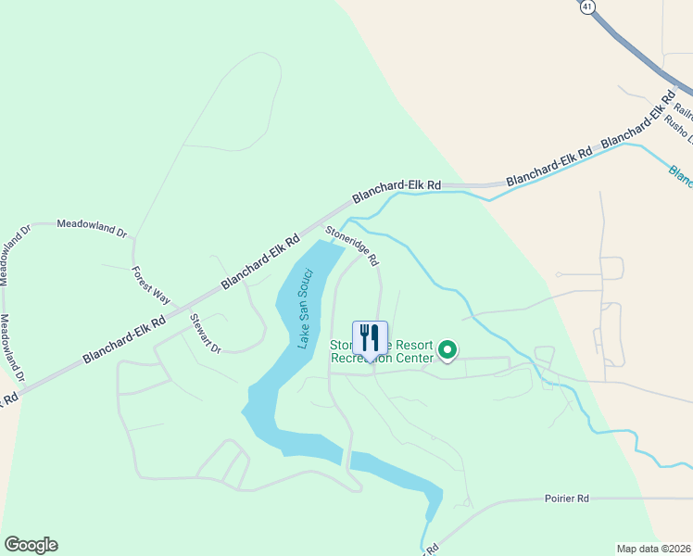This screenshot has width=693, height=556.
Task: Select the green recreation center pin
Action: click(x=447, y=350)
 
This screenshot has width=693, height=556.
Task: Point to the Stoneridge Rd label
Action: click(x=351, y=246)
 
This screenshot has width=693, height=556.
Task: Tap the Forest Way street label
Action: click(x=150, y=285)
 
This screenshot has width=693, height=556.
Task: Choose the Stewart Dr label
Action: click(x=206, y=334)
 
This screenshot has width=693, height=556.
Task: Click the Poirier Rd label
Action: click(x=567, y=499)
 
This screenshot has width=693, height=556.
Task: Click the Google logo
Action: click(x=31, y=545)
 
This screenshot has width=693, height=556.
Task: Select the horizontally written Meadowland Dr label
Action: click(x=91, y=224)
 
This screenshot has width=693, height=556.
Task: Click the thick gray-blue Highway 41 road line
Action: click(x=639, y=56)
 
